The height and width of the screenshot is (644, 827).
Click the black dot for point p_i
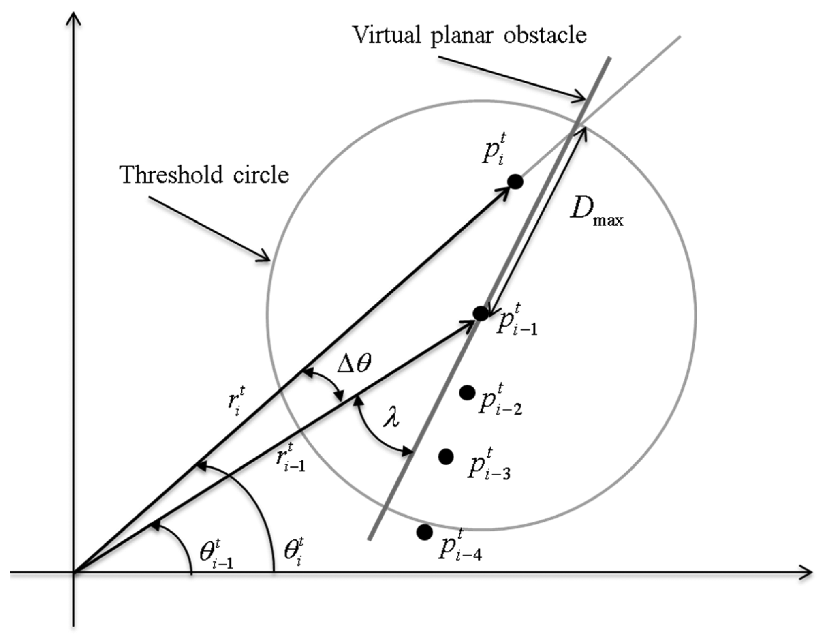point(515,181)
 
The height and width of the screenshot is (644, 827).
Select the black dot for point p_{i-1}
point(481,313)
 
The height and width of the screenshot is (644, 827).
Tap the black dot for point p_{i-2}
point(467,392)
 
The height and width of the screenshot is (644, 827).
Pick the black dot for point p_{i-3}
point(446,457)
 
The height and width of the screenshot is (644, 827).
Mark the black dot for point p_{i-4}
point(425,532)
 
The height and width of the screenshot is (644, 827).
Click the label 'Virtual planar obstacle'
point(469,35)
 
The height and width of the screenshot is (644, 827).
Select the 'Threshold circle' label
point(204,175)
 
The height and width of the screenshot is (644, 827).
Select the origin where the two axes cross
point(73,572)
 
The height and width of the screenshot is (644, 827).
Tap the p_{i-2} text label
point(500,402)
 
